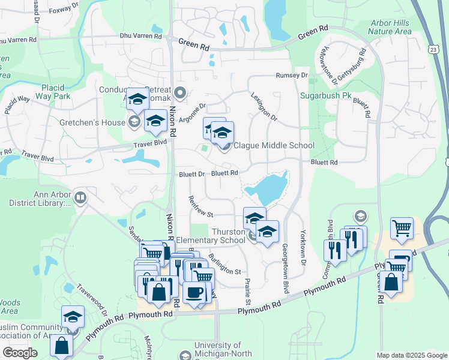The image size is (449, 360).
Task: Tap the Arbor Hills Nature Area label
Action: [x=390, y=27]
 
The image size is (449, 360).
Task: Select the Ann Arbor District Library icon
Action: [x=80, y=197]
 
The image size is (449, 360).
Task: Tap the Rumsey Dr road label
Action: [x=291, y=76]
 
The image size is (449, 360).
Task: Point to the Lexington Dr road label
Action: [x=264, y=107]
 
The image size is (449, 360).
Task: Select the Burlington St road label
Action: [x=224, y=264]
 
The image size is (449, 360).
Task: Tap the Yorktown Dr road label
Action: [x=303, y=251]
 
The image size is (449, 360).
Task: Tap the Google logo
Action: [x=20, y=353]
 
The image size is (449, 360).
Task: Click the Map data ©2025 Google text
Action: [x=411, y=355]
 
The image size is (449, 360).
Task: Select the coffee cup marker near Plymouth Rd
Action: [x=194, y=292]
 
